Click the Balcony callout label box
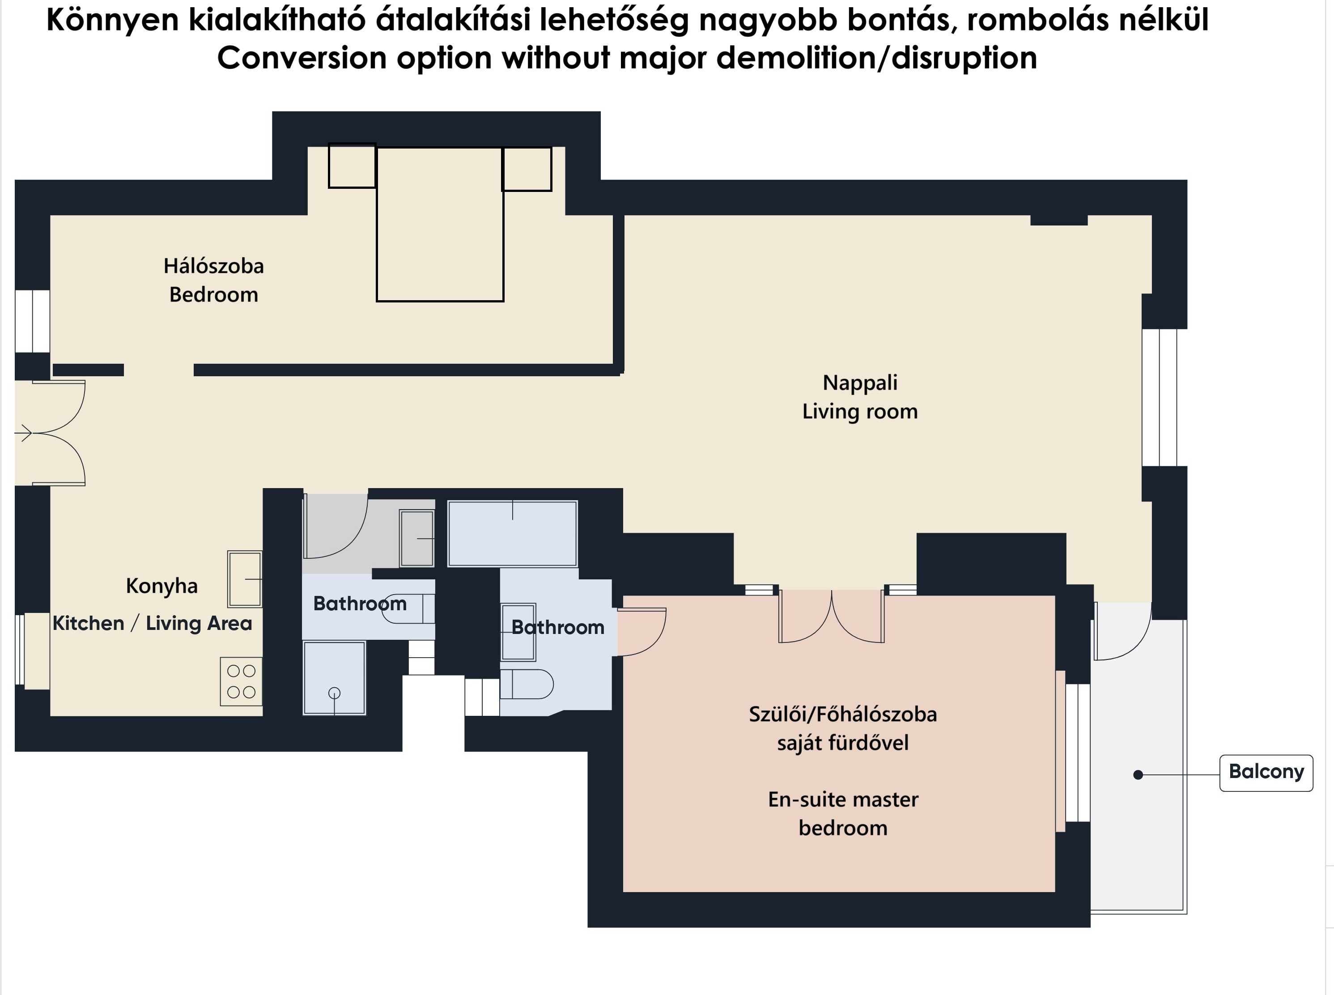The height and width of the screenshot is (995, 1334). [x=1266, y=773]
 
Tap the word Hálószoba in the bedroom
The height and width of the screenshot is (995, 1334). [x=214, y=266]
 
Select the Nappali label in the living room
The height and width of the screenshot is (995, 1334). [x=860, y=383]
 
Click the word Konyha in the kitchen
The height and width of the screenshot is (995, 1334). [x=161, y=586]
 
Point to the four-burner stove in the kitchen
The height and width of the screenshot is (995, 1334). [x=241, y=681]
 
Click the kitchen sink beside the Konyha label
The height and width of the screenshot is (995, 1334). [x=245, y=579]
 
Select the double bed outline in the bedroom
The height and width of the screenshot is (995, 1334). [x=440, y=224]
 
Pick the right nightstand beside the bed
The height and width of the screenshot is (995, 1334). [x=527, y=169]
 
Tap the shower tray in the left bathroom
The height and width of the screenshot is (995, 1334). [x=334, y=678]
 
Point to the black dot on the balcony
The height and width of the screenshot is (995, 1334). [x=1138, y=774]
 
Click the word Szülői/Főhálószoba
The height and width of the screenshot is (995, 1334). [x=843, y=714]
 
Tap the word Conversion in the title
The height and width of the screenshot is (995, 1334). [x=302, y=59]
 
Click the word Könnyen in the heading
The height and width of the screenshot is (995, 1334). [x=113, y=21]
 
